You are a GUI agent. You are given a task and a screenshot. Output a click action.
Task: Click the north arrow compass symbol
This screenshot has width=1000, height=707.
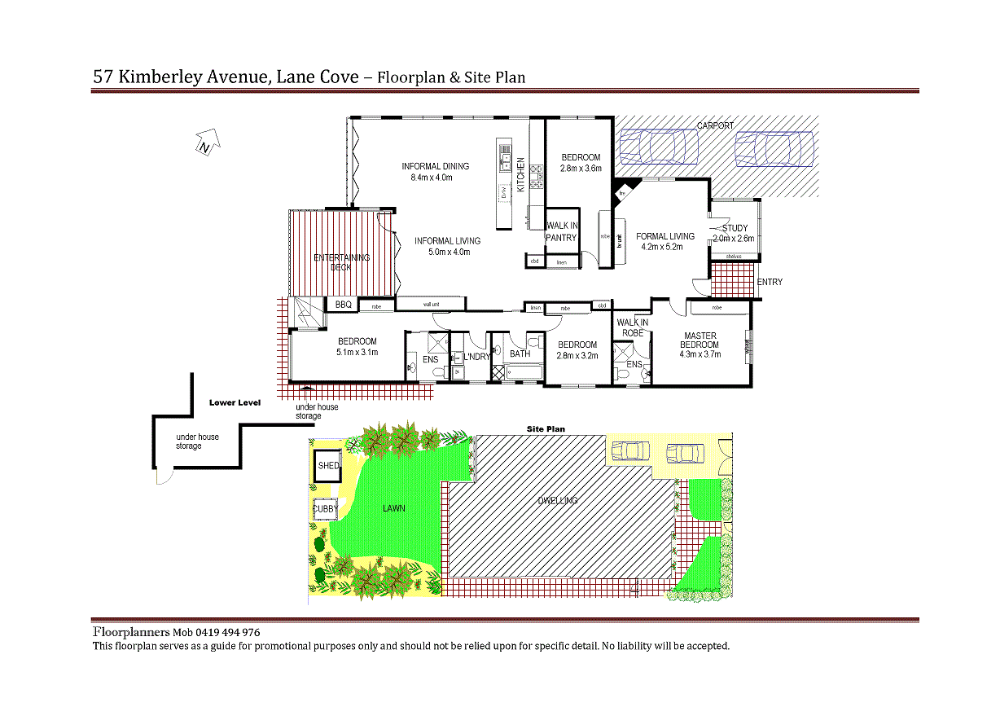(206, 143)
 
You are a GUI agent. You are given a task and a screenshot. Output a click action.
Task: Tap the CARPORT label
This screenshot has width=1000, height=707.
(715, 126)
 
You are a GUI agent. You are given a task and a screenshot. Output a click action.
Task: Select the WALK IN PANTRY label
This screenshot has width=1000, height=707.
(561, 231)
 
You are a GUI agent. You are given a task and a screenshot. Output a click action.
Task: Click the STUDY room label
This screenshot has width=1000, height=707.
(734, 229)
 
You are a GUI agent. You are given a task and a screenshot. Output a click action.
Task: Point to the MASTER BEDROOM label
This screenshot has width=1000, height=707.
(700, 340)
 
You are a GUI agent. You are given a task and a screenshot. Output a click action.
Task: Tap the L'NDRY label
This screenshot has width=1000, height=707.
(477, 357)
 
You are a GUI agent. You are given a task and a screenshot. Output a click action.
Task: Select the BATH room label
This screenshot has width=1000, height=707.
(520, 354)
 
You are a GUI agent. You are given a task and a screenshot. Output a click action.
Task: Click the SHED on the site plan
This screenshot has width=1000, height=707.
(328, 466)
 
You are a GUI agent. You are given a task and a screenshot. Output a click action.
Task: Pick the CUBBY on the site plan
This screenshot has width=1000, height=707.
(326, 509)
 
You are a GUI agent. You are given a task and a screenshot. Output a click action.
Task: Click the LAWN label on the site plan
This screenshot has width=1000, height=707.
(394, 508)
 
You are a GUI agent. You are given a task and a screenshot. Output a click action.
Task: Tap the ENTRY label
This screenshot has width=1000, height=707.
(770, 283)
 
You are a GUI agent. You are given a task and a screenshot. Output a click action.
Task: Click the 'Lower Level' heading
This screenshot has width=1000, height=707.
(234, 402)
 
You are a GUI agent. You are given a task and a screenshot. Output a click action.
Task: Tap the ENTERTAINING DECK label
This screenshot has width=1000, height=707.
(341, 262)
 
